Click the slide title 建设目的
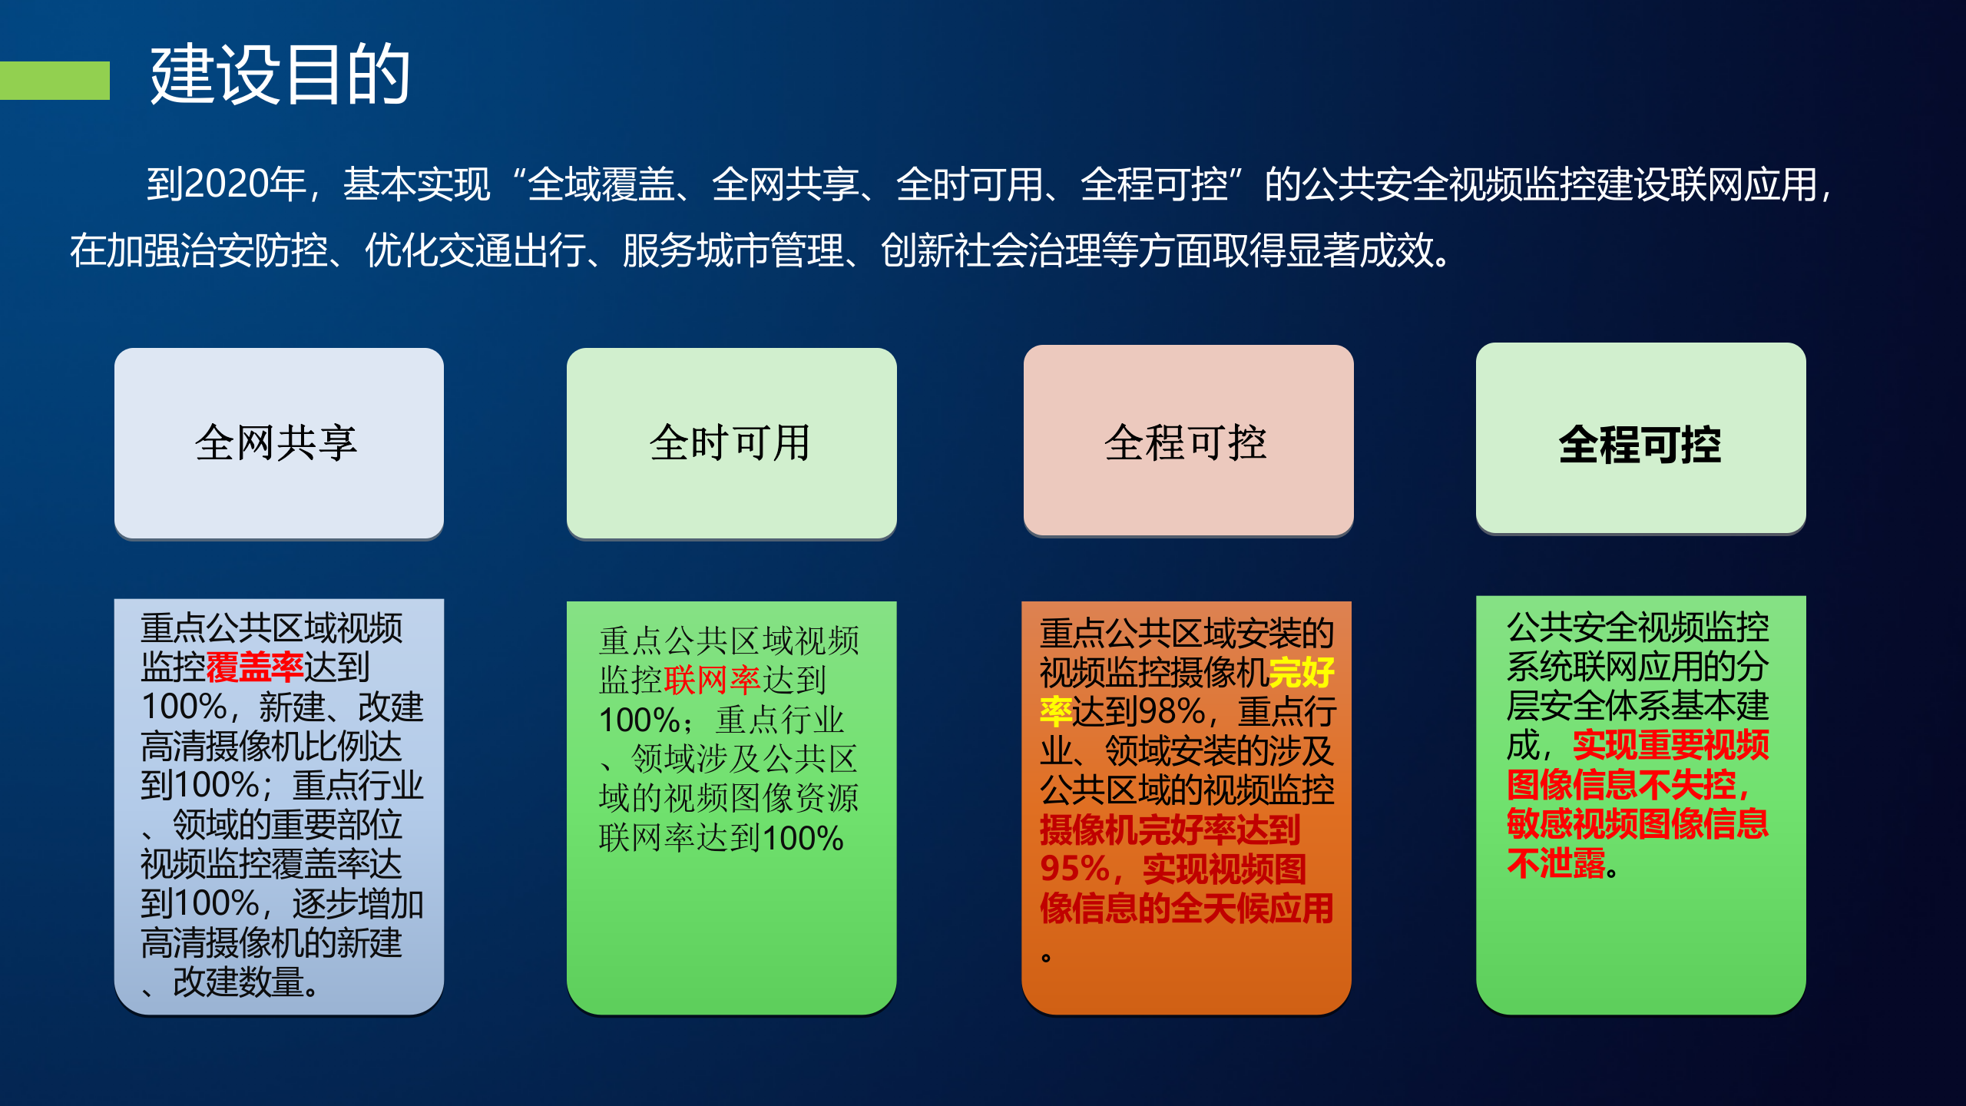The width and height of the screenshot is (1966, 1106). coord(280,75)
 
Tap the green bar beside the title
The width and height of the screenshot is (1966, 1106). coord(55,80)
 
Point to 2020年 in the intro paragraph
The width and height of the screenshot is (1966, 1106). coord(227,184)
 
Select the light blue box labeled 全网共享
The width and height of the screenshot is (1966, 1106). coord(279,443)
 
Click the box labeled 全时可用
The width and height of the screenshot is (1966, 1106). coord(731,443)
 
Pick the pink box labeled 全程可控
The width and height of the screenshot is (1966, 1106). coord(1187,442)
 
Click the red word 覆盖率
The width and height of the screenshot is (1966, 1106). coord(254,667)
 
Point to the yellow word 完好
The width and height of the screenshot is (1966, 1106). coord(1302,673)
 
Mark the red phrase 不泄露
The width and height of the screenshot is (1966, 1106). coord(1556,863)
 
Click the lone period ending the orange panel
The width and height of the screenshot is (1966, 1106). coord(1046,957)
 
